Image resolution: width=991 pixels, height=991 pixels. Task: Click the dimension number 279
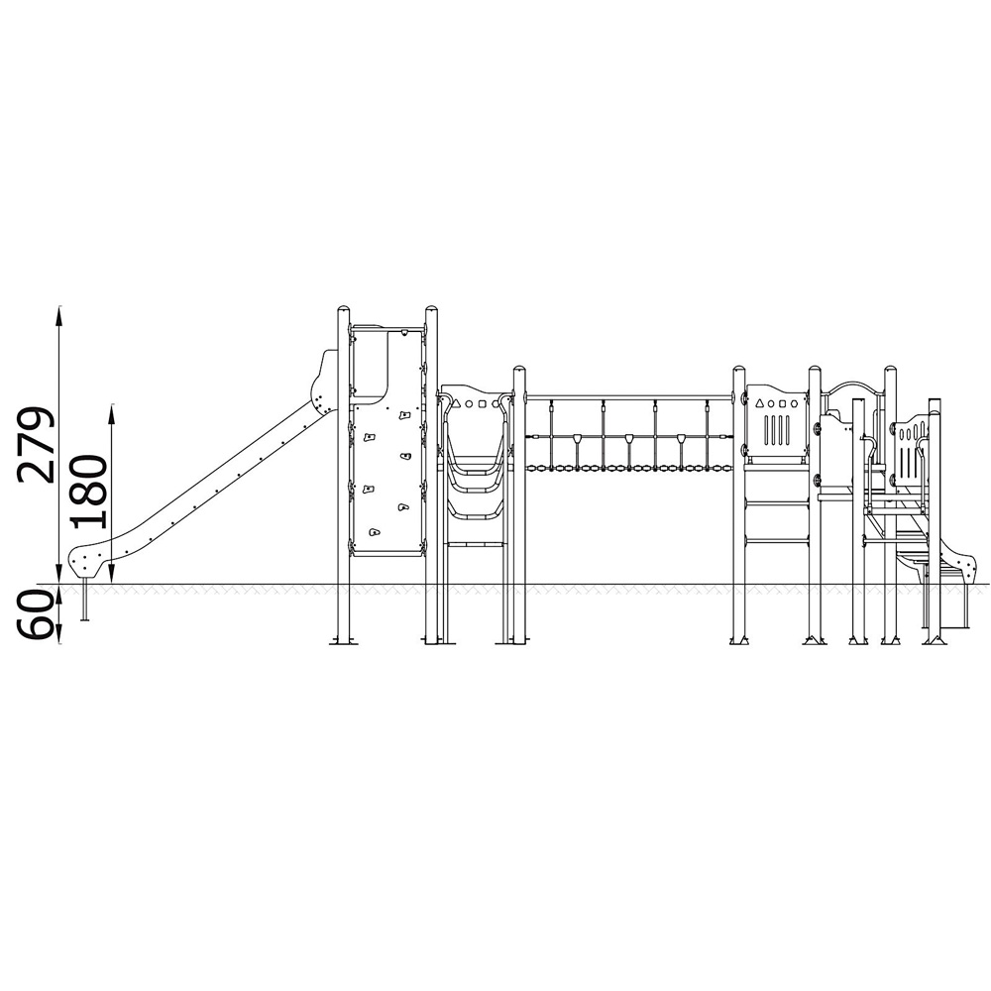[36, 445]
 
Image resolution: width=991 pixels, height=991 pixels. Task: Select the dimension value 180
[87, 492]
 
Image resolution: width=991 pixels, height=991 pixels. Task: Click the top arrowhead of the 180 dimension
[112, 412]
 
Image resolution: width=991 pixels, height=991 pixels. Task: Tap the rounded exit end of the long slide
[86, 562]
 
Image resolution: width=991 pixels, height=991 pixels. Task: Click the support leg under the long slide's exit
[84, 600]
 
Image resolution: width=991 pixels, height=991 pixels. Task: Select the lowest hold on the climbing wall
[375, 532]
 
